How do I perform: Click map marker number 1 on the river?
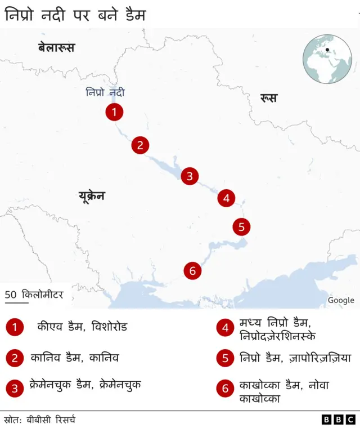coord(114,112)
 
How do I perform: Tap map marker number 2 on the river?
coord(140,145)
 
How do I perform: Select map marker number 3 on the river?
coord(190,176)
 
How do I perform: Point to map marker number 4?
coord(226,198)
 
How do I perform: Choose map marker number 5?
coord(241,227)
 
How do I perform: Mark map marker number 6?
coord(192,271)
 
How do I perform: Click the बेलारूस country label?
coord(56,48)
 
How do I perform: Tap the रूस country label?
coord(268,99)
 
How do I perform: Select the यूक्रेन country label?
coord(92,197)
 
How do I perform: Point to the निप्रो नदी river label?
coord(105,92)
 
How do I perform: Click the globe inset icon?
coord(327,59)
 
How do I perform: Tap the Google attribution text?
coord(341,300)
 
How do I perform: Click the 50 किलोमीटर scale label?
coord(34,295)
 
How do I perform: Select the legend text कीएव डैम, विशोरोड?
coord(82,327)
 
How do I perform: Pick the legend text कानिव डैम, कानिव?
coord(74,358)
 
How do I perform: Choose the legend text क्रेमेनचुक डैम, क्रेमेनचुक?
coord(85,385)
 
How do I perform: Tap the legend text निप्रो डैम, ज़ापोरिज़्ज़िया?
coord(295,358)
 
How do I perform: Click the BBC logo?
coord(338,420)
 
